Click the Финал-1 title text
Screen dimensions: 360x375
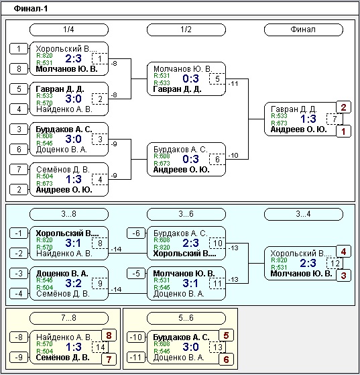pyautogui.click(x=31, y=9)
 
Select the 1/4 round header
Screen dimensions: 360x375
pyautogui.click(x=69, y=30)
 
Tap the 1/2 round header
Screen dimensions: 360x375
pyautogui.click(x=186, y=30)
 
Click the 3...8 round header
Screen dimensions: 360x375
pyautogui.click(x=69, y=214)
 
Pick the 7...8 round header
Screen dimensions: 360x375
pyautogui.click(x=69, y=318)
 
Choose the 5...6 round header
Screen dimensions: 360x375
pyautogui.click(x=186, y=318)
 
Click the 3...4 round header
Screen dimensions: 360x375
pyautogui.click(x=304, y=214)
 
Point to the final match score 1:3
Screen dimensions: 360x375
pyautogui.click(x=308, y=119)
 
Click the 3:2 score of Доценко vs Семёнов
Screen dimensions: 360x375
pyautogui.click(x=73, y=283)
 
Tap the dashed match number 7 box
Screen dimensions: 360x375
pyautogui.click(x=335, y=119)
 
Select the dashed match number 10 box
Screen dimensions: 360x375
pyautogui.click(x=217, y=244)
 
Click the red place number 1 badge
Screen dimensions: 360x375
pyautogui.click(x=343, y=131)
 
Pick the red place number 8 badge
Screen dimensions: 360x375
pyautogui.click(x=109, y=335)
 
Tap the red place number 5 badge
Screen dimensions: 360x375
pyautogui.click(x=226, y=335)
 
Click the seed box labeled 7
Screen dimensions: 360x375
pyautogui.click(x=19, y=170)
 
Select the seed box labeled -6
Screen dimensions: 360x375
pyautogui.click(x=136, y=233)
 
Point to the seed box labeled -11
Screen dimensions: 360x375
pyautogui.click(x=136, y=358)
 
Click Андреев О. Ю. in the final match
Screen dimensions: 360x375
pyautogui.click(x=298, y=129)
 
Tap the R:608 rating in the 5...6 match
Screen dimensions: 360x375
pyautogui.click(x=162, y=344)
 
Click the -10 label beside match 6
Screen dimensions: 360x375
pyautogui.click(x=233, y=156)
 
